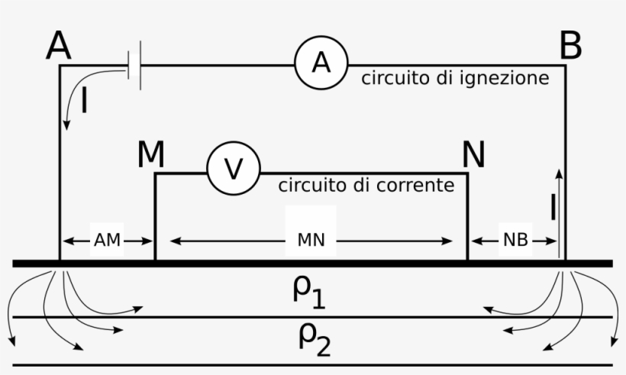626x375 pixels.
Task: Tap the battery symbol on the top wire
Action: point(134,65)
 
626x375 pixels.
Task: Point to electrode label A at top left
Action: point(59,46)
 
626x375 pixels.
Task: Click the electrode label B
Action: point(570,46)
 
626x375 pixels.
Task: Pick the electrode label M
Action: point(150,154)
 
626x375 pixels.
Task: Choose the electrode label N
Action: point(473,154)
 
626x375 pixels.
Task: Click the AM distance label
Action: point(107,240)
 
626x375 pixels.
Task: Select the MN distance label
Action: point(311,240)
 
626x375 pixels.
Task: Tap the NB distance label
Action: point(515,240)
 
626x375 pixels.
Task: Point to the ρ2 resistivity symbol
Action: point(315,341)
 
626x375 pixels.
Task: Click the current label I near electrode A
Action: point(84,101)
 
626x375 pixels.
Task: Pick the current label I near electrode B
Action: point(553,207)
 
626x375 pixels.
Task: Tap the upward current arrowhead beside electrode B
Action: point(560,173)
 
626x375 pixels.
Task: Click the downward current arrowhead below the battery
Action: point(66,125)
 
